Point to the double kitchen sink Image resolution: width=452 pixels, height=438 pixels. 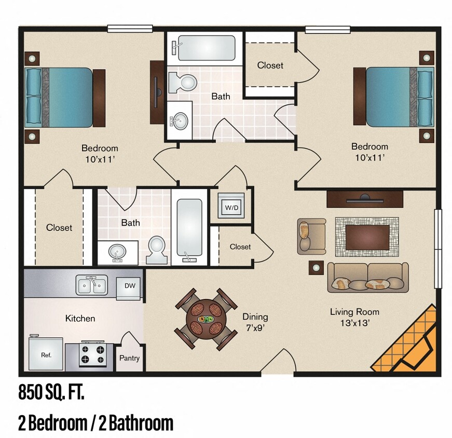[92, 285]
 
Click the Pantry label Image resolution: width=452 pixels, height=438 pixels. [129, 358]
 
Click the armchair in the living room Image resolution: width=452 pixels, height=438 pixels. [311, 236]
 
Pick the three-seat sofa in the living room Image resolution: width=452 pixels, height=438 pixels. [367, 277]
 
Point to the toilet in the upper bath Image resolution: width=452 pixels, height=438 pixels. [183, 82]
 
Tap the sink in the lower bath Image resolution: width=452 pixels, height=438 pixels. [118, 253]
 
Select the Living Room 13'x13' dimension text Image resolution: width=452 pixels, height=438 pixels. [354, 317]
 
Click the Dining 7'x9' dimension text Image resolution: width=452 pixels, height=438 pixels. [255, 321]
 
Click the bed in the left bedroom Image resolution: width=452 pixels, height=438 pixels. [65, 97]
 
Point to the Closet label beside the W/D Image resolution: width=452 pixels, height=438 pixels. [240, 247]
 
